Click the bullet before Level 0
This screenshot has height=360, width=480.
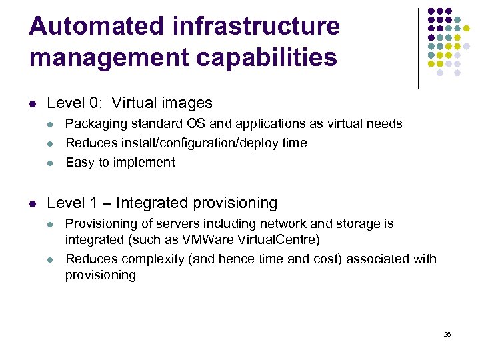pos(33,104)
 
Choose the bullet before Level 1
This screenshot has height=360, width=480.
pos(33,203)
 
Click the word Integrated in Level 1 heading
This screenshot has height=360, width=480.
pos(154,203)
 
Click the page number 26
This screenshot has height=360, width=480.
pos(447,334)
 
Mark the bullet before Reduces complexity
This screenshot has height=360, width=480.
pos(52,259)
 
